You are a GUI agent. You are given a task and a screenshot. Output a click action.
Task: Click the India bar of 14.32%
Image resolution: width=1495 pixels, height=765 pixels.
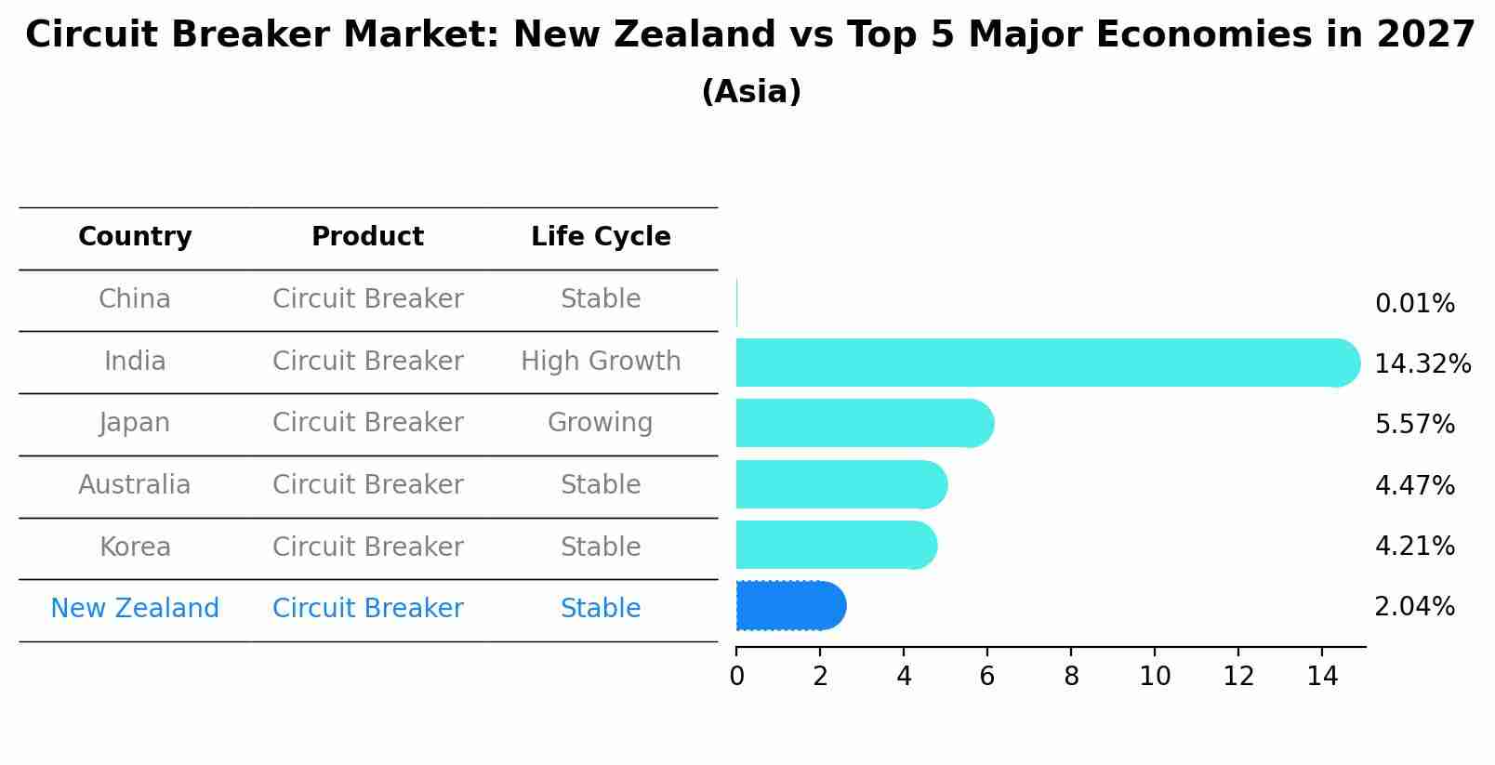1048,363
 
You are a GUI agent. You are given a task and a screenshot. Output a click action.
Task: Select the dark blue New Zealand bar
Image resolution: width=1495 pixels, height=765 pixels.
791,605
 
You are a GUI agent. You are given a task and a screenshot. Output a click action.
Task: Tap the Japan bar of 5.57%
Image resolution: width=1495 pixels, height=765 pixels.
865,423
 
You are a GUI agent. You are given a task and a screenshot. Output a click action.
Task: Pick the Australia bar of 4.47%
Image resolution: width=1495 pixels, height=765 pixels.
841,484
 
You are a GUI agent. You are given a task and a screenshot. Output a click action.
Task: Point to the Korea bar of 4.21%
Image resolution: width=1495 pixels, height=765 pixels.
837,545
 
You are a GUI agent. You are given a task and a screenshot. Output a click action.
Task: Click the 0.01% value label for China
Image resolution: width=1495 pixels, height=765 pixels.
1415,304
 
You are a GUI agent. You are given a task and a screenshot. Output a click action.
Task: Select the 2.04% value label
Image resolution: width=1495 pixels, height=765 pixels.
1415,607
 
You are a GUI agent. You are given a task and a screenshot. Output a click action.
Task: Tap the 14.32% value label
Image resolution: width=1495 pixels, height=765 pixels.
1422,363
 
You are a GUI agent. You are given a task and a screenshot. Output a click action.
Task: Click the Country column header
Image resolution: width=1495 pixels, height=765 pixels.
135,236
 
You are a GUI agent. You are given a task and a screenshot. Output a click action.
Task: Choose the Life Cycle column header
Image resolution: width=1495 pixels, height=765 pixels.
601,236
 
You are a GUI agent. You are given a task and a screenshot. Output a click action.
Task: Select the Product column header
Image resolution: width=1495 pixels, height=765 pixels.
368,236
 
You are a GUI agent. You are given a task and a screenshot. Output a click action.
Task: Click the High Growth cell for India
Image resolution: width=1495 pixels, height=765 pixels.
601,362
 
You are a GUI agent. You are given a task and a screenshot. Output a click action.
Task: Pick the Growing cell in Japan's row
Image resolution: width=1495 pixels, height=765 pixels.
600,423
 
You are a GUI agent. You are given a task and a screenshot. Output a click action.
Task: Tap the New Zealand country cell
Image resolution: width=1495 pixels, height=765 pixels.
135,608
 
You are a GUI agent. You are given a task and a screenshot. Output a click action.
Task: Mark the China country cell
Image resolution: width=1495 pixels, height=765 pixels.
135,298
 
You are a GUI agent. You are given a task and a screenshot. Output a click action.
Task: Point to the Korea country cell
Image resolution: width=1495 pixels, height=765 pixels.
136,547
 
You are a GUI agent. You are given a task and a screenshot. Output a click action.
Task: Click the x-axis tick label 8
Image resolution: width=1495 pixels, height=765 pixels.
1071,676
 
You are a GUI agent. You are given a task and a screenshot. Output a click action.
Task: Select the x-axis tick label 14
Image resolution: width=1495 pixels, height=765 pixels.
1322,676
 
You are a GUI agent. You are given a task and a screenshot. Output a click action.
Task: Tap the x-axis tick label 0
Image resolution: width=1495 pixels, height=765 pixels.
737,676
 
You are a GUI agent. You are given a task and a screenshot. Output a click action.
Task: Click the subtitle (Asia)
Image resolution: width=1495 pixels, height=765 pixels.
751,91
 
